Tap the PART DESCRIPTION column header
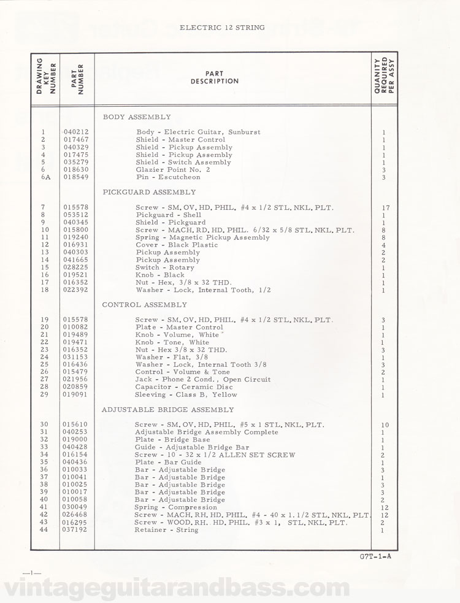(x=215, y=77)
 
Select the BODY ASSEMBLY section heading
(x=137, y=117)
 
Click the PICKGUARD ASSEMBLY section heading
(x=149, y=192)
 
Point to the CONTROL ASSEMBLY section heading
(x=145, y=304)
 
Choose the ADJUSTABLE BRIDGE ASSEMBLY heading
(x=168, y=409)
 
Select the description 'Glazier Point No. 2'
(x=173, y=169)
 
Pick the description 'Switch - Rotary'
(x=164, y=267)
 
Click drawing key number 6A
(x=44, y=177)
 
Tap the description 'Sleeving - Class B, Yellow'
(x=186, y=394)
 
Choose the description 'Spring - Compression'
(x=175, y=507)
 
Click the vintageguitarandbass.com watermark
(x=230, y=587)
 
